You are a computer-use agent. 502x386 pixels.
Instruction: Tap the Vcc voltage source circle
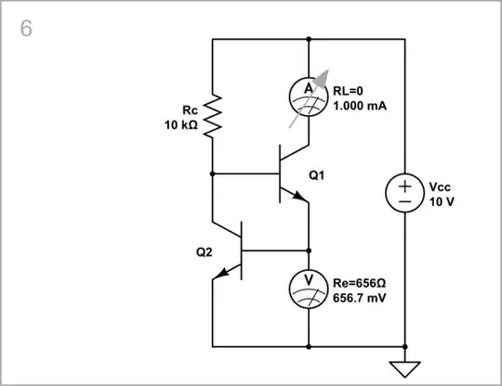pos(405,193)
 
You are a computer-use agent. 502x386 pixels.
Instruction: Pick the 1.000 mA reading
pos(359,106)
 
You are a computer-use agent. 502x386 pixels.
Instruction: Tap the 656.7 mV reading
pos(359,299)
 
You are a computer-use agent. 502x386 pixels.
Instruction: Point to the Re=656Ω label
pos(361,284)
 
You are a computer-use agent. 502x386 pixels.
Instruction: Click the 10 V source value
pos(443,200)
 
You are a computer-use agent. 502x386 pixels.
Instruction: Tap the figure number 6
pos(26,29)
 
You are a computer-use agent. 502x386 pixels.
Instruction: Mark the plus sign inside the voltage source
pos(405,184)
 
